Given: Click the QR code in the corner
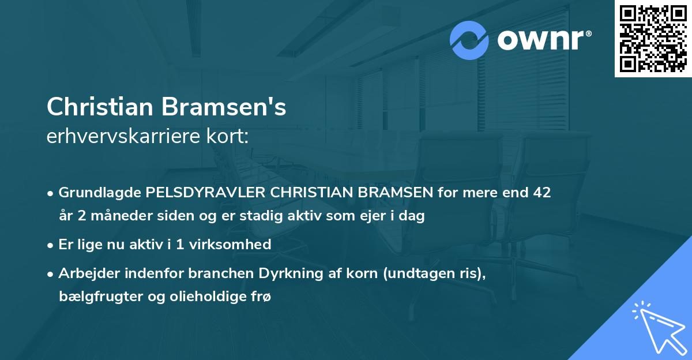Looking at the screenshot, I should [x=653, y=38].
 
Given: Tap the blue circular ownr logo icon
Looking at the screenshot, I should [x=469, y=40].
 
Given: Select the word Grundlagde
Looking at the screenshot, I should [x=95, y=192].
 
